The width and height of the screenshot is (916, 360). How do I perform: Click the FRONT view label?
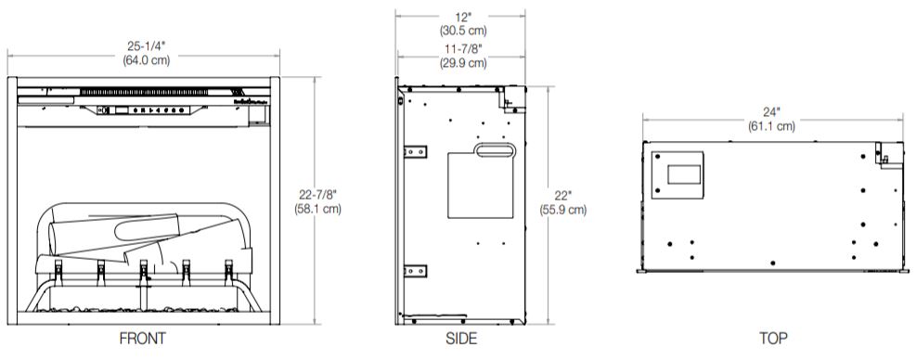[x=143, y=339]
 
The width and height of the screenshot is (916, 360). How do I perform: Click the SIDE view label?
[x=461, y=339]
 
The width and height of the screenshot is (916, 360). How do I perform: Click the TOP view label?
[x=773, y=339]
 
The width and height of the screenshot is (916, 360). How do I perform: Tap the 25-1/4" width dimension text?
[x=146, y=45]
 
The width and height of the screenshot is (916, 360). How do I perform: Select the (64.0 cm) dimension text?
[x=146, y=59]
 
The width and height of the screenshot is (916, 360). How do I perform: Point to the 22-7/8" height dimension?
[x=317, y=195]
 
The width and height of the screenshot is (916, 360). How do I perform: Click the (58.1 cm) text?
[x=317, y=209]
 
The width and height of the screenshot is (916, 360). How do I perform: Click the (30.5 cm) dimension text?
[x=463, y=31]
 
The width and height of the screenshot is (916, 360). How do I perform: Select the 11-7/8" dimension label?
[x=463, y=50]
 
